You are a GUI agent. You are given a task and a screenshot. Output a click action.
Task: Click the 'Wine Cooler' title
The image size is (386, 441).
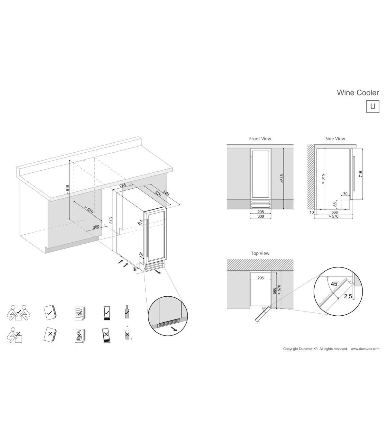(x=358, y=93)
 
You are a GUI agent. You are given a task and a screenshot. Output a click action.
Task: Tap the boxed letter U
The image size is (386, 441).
(x=372, y=106)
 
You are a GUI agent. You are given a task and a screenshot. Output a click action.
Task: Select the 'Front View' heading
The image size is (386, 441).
(x=260, y=139)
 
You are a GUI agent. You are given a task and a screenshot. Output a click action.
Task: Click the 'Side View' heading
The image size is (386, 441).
(x=335, y=139)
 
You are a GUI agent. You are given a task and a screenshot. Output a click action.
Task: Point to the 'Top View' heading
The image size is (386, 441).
(x=260, y=253)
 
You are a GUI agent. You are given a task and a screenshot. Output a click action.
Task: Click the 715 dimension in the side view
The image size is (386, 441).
(x=361, y=174)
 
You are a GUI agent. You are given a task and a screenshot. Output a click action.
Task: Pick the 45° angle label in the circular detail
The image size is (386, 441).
(x=335, y=284)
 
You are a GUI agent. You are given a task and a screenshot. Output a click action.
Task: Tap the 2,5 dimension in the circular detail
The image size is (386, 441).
(x=348, y=296)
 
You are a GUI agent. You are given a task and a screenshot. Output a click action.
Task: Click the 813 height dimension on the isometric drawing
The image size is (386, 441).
(x=111, y=220)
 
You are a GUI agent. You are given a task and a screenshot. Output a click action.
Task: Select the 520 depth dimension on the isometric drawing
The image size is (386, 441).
(x=158, y=194)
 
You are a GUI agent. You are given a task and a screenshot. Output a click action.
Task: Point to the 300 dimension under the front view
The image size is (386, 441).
(x=261, y=216)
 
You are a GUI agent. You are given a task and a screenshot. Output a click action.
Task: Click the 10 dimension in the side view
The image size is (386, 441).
(x=312, y=212)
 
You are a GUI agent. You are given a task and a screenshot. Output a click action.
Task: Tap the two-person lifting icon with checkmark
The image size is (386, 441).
(x=19, y=313)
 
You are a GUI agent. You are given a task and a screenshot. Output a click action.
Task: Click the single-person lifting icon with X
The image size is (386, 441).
(x=15, y=335)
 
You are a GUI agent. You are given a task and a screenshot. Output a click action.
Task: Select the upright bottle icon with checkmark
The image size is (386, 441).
(x=127, y=312)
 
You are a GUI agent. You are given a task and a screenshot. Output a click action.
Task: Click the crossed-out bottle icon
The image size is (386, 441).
(x=127, y=333)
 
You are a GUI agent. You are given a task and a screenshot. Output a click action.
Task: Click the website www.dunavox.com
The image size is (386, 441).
(x=365, y=349)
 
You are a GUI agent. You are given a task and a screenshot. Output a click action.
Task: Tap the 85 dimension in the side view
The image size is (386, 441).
(x=335, y=204)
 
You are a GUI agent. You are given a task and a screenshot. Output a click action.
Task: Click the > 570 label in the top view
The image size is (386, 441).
(x=279, y=290)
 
